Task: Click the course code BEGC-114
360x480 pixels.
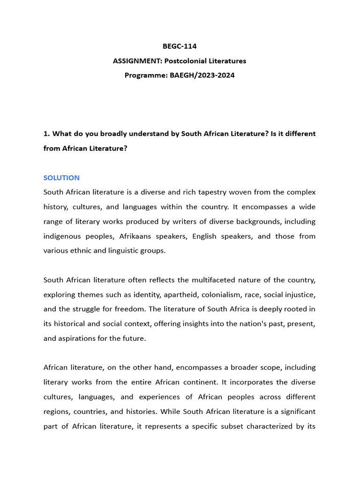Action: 180,46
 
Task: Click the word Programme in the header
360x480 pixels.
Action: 142,75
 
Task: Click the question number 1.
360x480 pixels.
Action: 46,134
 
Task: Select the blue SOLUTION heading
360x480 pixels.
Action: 61,178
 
